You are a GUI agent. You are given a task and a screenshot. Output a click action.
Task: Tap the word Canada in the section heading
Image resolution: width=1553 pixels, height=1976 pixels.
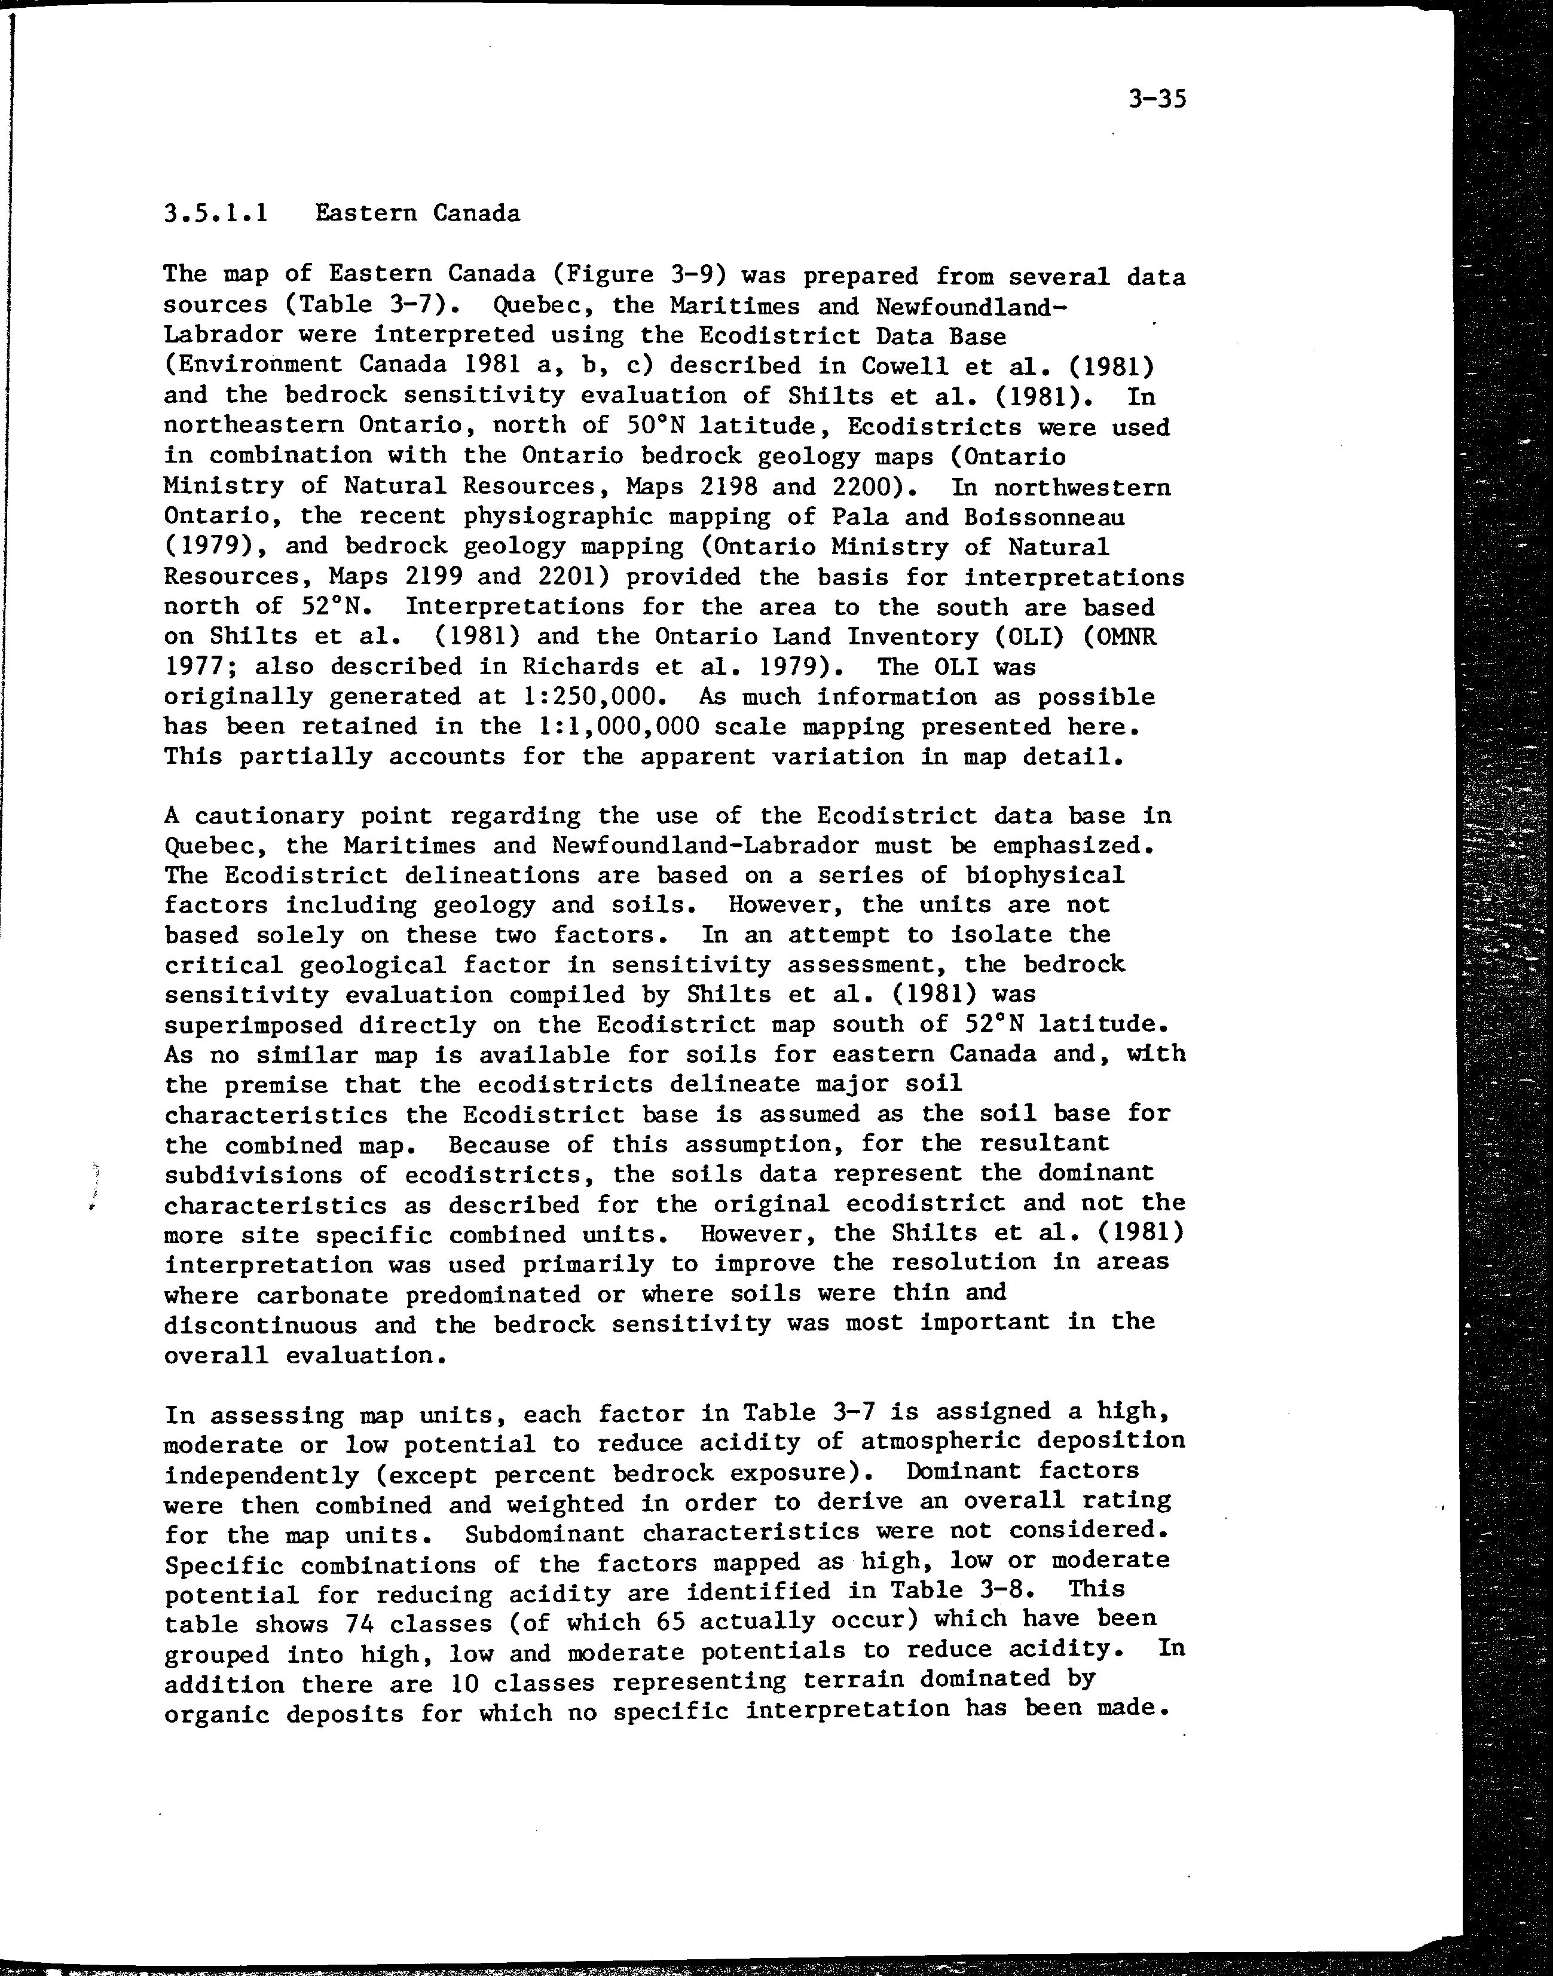pyautogui.click(x=476, y=213)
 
